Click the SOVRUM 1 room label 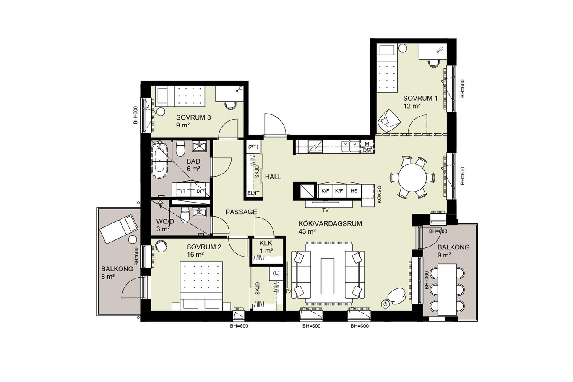420,98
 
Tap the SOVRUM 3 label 193,117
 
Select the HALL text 273,177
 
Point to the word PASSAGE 241,212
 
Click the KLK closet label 266,243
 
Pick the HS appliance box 354,191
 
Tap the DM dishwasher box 367,151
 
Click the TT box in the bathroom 183,191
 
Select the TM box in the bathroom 197,191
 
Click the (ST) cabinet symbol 253,147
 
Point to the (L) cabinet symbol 276,273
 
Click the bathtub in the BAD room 160,160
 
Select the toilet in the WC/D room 185,215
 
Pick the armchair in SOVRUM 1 389,122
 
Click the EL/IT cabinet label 253,193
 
